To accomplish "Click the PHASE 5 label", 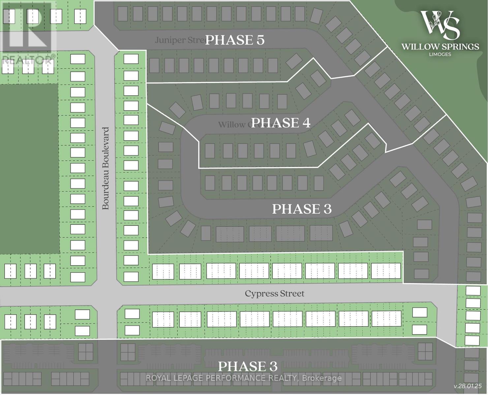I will click(235, 40).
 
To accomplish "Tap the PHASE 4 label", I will click(281, 123).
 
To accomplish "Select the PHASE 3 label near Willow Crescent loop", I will click(302, 209).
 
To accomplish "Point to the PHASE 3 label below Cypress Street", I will click(248, 366).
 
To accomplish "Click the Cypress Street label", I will click(274, 293).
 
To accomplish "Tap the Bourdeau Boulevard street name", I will click(106, 169).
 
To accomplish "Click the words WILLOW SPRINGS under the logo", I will click(440, 46).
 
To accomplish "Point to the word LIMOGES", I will click(440, 54).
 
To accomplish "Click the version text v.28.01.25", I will click(468, 386).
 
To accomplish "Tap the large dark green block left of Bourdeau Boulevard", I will click(29, 169).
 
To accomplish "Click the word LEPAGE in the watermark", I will click(191, 378).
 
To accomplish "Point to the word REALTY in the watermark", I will click(283, 378).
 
